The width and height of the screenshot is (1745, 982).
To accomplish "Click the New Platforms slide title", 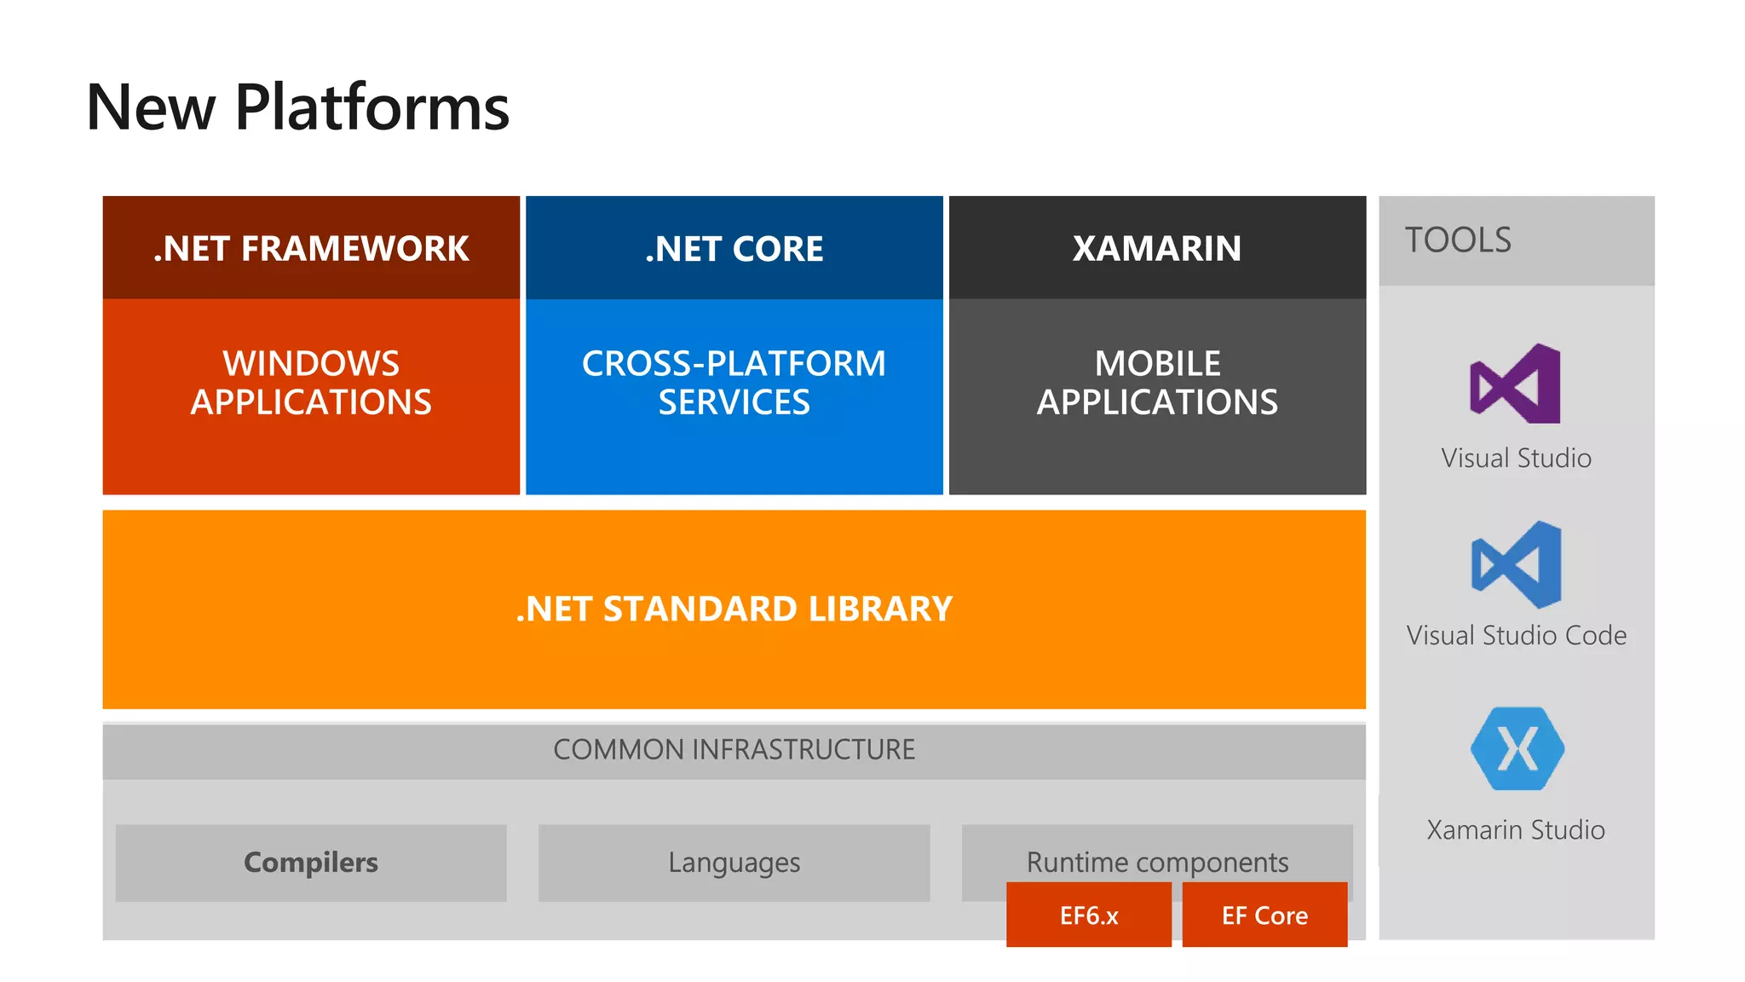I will tap(297, 108).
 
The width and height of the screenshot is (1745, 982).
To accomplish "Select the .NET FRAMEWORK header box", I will tap(311, 248).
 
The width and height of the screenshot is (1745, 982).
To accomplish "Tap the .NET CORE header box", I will tap(734, 248).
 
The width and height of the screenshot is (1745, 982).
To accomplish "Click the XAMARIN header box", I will tap(1156, 248).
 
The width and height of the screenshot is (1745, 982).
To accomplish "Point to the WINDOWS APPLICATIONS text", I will tap(311, 383).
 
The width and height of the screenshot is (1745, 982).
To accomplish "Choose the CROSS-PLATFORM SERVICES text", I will tap(734, 383).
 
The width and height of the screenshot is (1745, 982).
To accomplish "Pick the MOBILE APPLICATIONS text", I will tap(1156, 383).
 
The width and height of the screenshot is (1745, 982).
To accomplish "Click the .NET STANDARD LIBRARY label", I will tap(734, 609).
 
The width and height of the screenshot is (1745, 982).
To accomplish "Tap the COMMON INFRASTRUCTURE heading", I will tap(734, 750).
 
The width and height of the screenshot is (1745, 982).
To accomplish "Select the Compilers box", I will tap(311, 863).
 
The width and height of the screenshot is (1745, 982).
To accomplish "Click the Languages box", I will tap(734, 863).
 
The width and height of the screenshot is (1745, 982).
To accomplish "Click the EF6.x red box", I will tap(1088, 916).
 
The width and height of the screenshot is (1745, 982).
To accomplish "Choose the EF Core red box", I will tap(1264, 916).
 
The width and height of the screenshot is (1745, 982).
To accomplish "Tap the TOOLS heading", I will tap(1458, 240).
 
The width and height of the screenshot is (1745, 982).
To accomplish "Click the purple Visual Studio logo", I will tap(1516, 384).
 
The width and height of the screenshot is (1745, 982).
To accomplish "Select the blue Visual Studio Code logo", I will tap(1517, 564).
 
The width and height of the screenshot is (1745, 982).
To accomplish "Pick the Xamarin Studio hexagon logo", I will tap(1517, 748).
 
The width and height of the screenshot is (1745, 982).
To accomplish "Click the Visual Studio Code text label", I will tap(1516, 636).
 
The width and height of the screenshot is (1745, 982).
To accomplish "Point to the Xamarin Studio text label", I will tap(1516, 829).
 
